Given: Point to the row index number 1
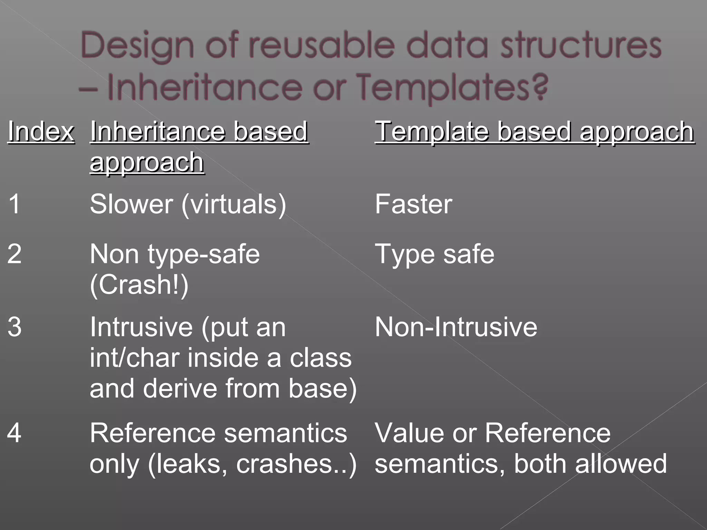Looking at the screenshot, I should pos(14,204).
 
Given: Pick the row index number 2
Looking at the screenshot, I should pos(14,254).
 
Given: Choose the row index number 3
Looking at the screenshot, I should pos(14,327).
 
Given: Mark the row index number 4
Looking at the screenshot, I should pos(14,433).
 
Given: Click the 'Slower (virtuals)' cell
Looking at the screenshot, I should pos(188,204).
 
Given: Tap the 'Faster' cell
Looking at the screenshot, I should pos(413,204).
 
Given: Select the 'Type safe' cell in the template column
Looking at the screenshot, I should pos(434,254).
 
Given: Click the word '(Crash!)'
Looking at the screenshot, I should pos(139,285).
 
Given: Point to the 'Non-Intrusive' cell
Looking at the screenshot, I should pos(456,327).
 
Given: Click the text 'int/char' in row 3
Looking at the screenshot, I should pos(135,358).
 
